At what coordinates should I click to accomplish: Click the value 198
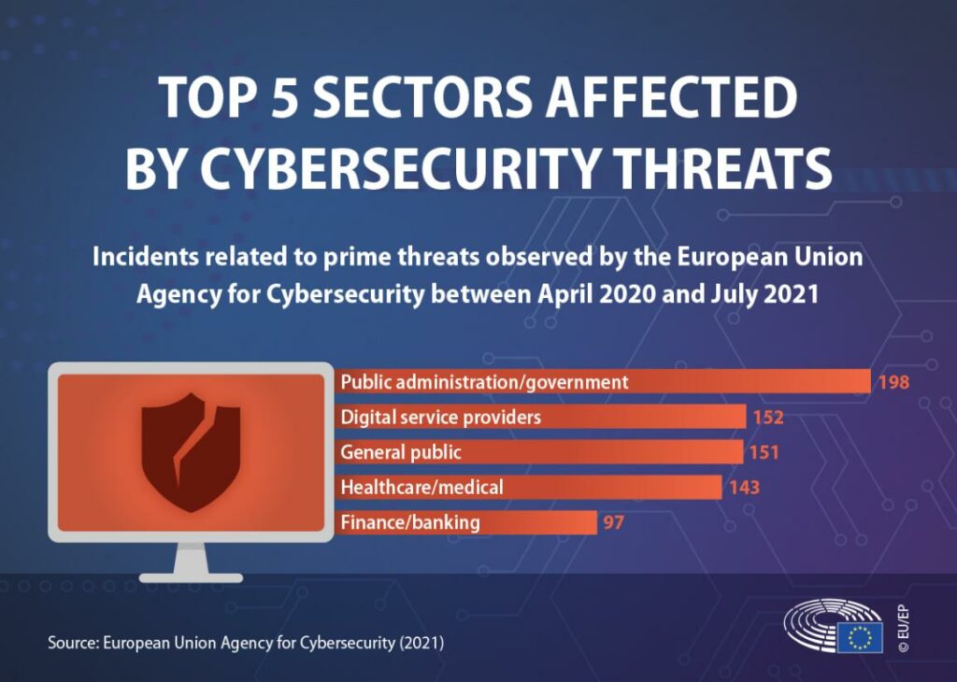(893, 381)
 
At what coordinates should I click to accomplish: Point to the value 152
(767, 417)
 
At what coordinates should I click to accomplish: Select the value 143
(744, 487)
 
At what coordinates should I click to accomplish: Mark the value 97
(613, 522)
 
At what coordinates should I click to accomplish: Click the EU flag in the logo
(859, 638)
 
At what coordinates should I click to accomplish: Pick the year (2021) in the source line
(421, 644)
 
